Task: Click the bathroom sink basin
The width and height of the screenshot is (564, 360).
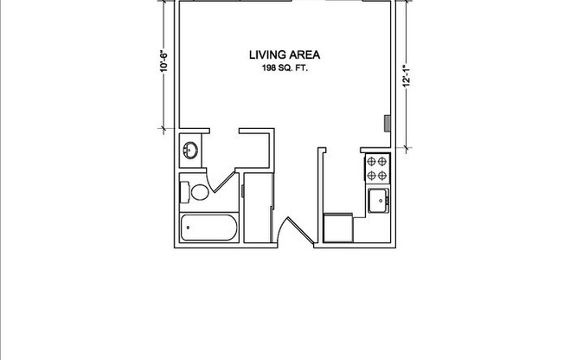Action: [x=190, y=151]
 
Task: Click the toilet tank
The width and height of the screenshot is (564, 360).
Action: [x=185, y=190]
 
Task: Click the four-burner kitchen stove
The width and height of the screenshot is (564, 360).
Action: [x=377, y=167]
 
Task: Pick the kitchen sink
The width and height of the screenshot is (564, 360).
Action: [x=378, y=201]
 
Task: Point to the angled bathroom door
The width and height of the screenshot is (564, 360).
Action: [x=226, y=183]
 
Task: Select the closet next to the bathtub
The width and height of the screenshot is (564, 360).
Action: [x=257, y=208]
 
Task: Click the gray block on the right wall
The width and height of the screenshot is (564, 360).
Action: [x=388, y=122]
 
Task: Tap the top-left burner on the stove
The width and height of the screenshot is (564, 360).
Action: [x=372, y=160]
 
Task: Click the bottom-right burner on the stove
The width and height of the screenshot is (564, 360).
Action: [x=383, y=174]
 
